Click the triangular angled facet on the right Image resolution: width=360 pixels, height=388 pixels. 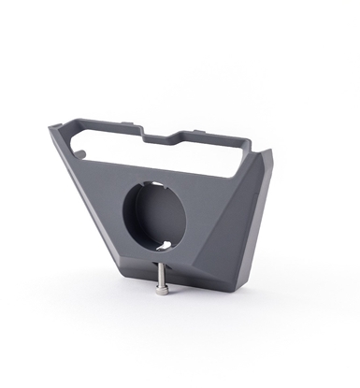pyautogui.click(x=238, y=224)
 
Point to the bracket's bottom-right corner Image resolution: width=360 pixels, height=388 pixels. pyautogui.click(x=245, y=283)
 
